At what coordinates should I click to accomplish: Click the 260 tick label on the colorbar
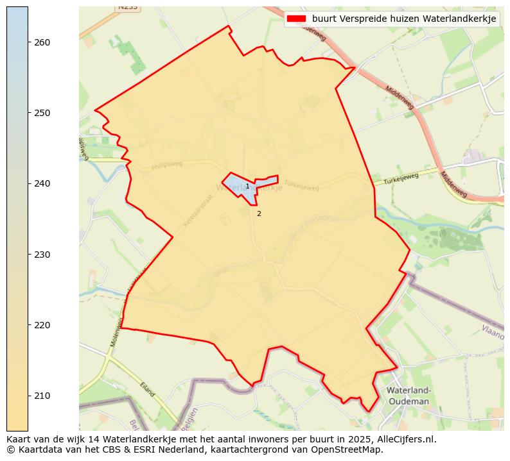click(x=42, y=42)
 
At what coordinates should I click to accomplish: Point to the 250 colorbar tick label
click(x=42, y=113)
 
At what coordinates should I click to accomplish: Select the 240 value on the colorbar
click(x=42, y=183)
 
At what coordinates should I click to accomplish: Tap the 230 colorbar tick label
click(x=42, y=255)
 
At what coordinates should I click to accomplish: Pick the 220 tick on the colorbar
click(x=42, y=325)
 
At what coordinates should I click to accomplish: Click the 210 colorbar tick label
click(x=42, y=396)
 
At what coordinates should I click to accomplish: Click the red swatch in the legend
click(x=297, y=19)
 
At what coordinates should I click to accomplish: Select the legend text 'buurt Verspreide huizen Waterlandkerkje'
click(x=404, y=19)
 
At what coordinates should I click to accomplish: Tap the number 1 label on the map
click(x=247, y=187)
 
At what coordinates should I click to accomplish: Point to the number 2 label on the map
click(x=259, y=214)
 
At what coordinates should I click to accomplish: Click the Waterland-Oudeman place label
click(x=408, y=396)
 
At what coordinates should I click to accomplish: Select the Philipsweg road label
click(x=168, y=165)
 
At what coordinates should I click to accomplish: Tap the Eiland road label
click(x=148, y=389)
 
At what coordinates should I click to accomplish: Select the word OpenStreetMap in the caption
click(x=349, y=449)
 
